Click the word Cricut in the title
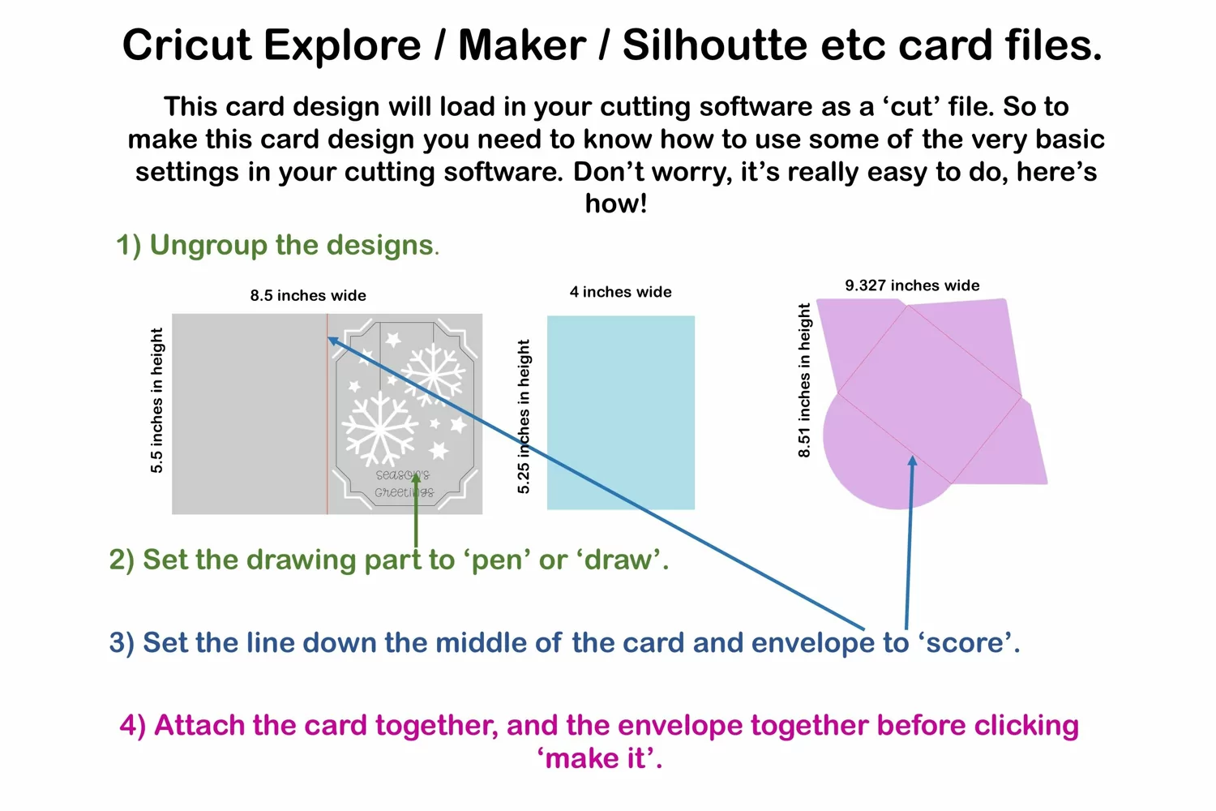point(186,45)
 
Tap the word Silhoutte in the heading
point(714,45)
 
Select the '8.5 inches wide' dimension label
point(308,295)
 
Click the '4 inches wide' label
point(620,292)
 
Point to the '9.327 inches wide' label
point(912,285)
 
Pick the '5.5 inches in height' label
point(156,401)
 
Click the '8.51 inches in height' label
point(804,380)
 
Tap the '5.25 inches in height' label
point(524,417)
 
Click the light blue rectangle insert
point(620,412)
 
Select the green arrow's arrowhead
point(416,478)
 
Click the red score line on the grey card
point(327,414)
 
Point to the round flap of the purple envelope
point(880,461)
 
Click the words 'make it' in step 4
point(599,758)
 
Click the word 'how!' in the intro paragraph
point(615,204)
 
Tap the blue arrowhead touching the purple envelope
point(913,461)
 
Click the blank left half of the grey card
point(249,414)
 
